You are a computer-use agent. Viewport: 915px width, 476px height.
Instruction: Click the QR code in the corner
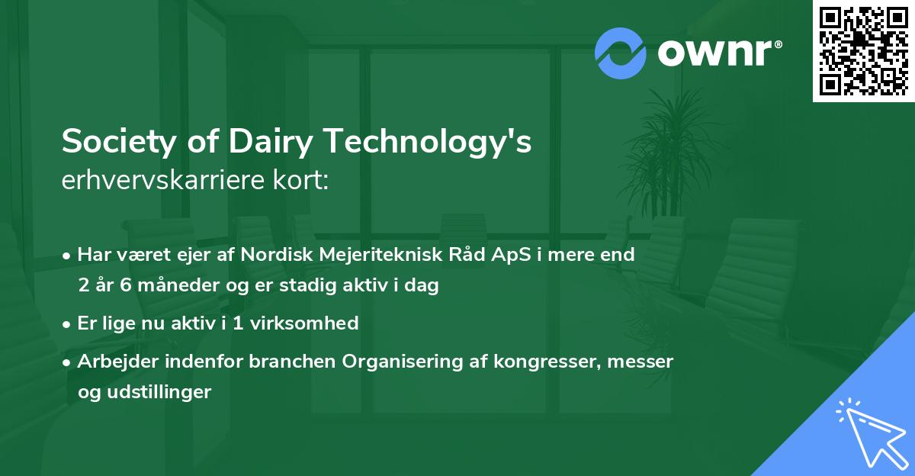click(864, 51)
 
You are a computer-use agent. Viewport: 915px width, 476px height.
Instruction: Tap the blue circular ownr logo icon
click(619, 52)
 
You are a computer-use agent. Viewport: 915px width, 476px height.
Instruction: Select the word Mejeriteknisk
click(370, 255)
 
